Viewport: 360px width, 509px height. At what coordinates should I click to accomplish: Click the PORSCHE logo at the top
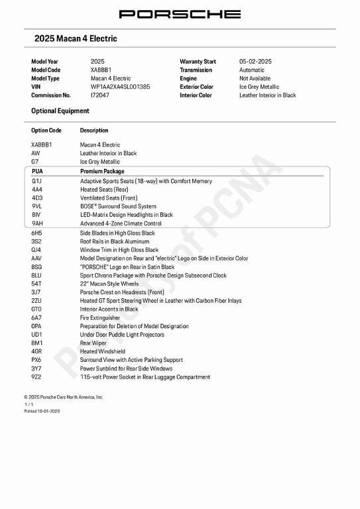(180, 14)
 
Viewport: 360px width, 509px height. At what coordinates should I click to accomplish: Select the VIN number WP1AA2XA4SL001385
(120, 87)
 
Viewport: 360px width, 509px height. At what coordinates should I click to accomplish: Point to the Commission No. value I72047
(100, 95)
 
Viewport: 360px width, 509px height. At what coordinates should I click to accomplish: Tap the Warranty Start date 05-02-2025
(255, 62)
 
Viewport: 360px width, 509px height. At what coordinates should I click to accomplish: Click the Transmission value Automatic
(251, 70)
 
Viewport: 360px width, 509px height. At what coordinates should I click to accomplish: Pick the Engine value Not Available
(255, 78)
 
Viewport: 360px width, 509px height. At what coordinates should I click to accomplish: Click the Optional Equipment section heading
(60, 111)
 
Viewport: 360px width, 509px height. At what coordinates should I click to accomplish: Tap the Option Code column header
(46, 131)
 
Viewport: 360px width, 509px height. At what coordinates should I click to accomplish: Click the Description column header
(94, 131)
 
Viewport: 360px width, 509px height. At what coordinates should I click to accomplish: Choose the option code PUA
(37, 172)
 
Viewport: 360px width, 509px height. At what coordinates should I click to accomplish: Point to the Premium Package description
(102, 172)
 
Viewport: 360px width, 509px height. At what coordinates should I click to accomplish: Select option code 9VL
(37, 206)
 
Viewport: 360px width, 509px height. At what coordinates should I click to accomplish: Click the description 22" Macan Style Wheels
(109, 284)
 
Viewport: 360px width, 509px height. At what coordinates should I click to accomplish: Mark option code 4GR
(37, 352)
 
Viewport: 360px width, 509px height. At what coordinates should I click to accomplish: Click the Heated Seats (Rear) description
(104, 190)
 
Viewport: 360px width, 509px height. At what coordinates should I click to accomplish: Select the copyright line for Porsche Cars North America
(64, 397)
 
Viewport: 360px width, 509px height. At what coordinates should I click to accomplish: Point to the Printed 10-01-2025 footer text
(42, 412)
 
